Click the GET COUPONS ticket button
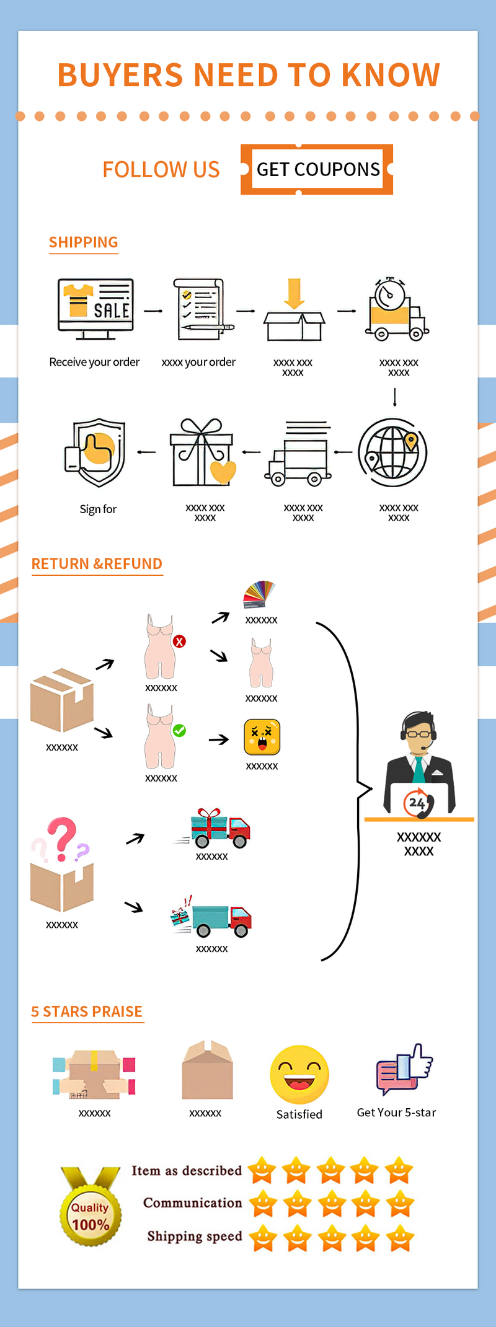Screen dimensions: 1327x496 click(317, 169)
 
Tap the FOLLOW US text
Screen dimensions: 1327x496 click(161, 169)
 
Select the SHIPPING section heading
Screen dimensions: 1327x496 click(84, 242)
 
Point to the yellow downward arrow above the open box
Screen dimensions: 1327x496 click(294, 293)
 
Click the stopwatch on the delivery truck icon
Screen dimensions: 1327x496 click(390, 293)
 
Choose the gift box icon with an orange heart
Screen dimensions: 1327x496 click(202, 453)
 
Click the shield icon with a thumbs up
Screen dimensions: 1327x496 click(96, 452)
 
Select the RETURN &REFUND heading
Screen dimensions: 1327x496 click(97, 563)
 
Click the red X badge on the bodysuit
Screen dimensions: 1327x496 click(179, 641)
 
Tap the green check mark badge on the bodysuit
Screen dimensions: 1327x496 click(179, 731)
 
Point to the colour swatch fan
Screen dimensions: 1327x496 click(259, 594)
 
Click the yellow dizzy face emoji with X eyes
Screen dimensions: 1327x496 click(262, 737)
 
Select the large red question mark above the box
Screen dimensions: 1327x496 click(61, 837)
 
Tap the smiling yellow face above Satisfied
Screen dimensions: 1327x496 click(299, 1075)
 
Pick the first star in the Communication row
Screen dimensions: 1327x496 click(263, 1203)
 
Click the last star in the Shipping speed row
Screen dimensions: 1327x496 click(400, 1237)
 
